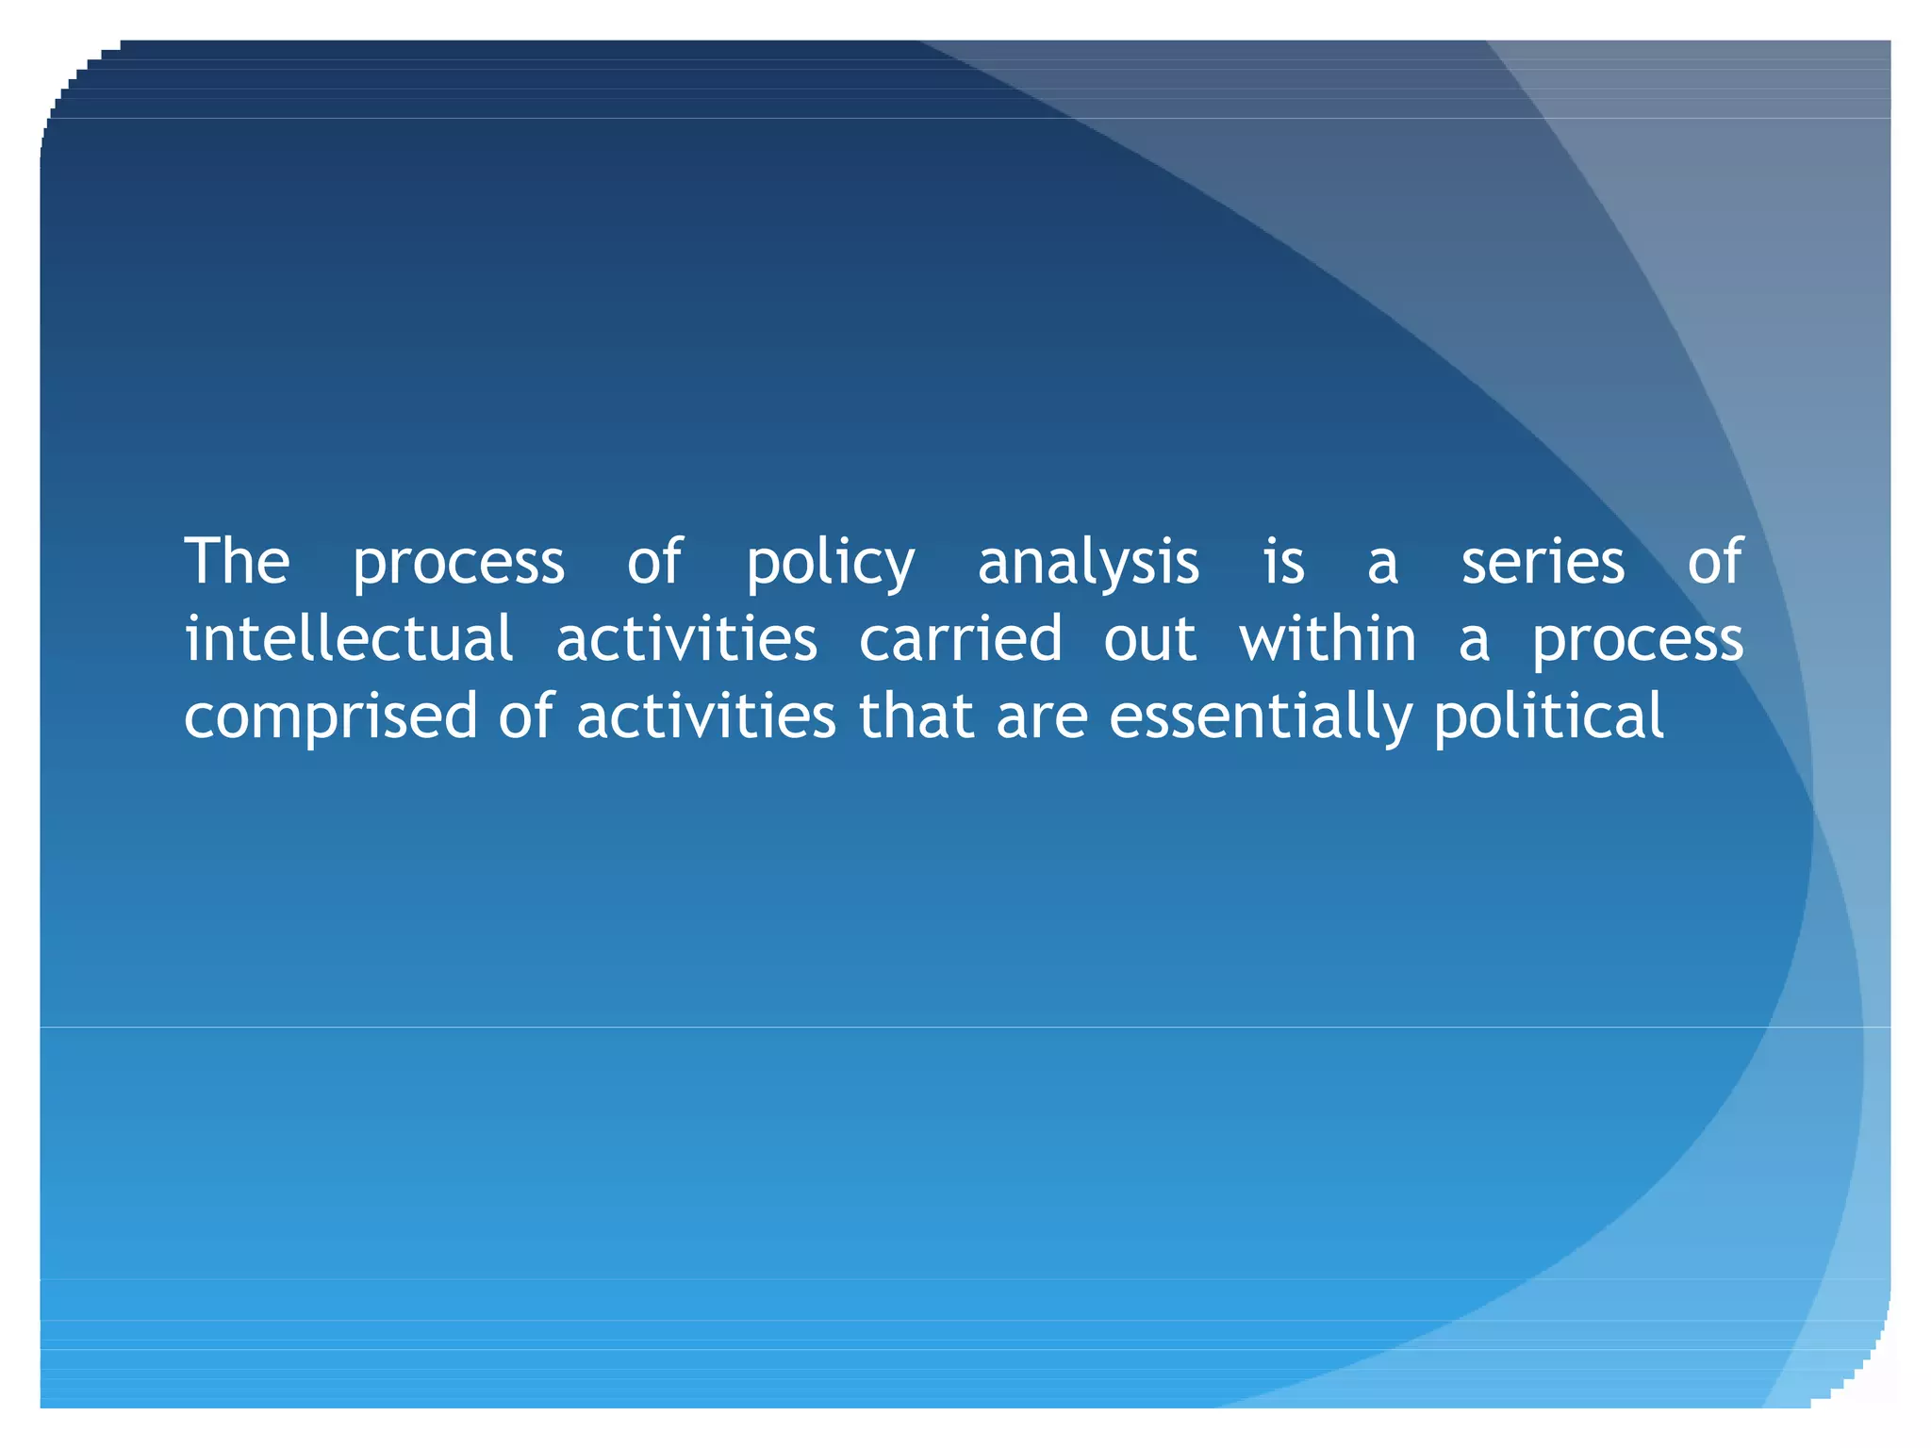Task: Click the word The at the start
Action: (237, 562)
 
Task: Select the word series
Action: (1543, 562)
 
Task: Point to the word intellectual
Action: (349, 639)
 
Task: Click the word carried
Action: (960, 639)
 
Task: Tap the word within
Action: (1327, 639)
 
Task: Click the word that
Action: (916, 716)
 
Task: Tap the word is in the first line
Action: (1283, 562)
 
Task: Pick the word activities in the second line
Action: (686, 639)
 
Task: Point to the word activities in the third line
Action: (705, 716)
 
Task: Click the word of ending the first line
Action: (1714, 562)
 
